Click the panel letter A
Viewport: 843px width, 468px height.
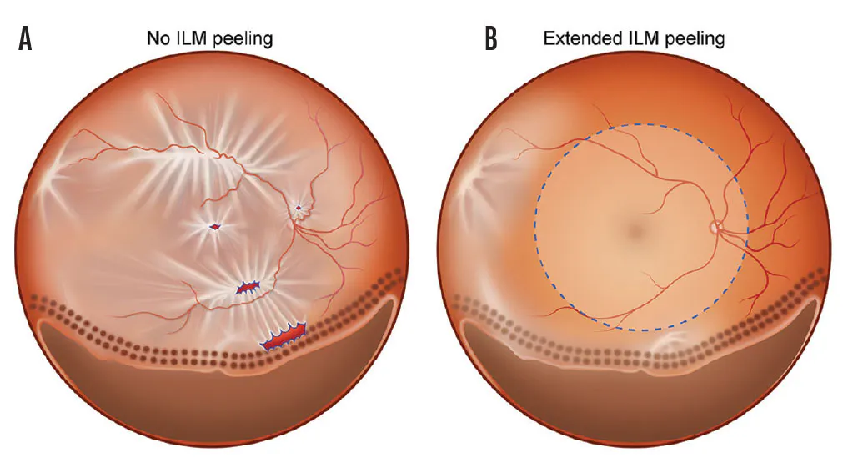tap(25, 39)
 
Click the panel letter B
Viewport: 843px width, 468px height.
tap(490, 39)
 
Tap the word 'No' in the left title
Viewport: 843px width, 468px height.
tap(158, 38)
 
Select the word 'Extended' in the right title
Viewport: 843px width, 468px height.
tap(575, 38)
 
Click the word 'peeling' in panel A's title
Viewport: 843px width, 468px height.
tap(243, 38)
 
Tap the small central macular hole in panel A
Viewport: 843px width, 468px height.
tap(215, 226)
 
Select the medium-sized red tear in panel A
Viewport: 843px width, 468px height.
tap(248, 288)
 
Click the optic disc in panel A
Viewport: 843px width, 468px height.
tap(298, 208)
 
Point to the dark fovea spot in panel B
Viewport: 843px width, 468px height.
tap(636, 227)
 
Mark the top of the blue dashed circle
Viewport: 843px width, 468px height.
tap(640, 125)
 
